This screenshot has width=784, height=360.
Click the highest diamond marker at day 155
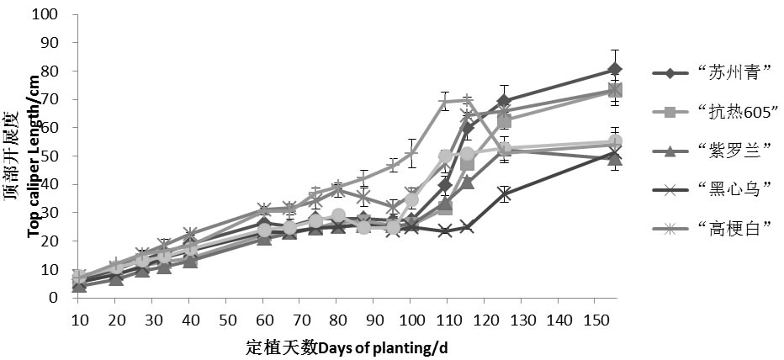tap(615, 70)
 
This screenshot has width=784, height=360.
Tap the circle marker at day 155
tap(615, 143)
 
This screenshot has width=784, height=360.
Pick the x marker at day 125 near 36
tap(504, 195)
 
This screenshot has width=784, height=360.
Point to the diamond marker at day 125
tap(504, 102)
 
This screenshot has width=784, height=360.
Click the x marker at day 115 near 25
tap(467, 226)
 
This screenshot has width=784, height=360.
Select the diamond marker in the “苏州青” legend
tap(670, 73)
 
